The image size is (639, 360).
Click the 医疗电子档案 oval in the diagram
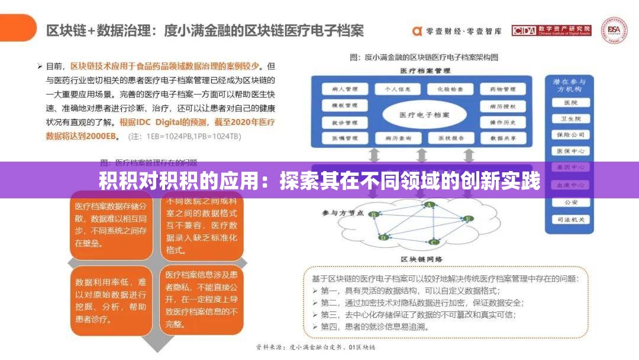pos(423,114)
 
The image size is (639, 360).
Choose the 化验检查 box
pos(447,89)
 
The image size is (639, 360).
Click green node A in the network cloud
pos(430,205)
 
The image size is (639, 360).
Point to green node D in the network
pos(383,237)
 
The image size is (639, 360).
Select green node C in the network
pos(434,242)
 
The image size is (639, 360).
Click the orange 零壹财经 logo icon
pos(417,30)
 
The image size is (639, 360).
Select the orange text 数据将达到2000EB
pos(82,136)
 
